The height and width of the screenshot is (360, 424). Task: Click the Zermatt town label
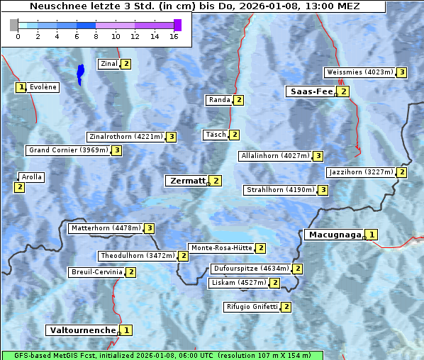click(x=186, y=181)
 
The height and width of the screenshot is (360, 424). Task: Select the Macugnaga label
click(x=333, y=235)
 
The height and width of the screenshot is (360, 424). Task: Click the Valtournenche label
click(x=82, y=330)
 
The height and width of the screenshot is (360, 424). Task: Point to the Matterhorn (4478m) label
click(x=105, y=228)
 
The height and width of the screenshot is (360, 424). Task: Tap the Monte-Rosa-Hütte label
click(x=221, y=248)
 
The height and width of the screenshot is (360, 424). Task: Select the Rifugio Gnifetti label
click(x=252, y=307)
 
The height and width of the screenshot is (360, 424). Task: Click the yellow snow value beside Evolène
click(x=21, y=88)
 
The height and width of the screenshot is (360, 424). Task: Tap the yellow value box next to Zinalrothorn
click(x=171, y=137)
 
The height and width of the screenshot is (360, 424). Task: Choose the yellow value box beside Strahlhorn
click(x=323, y=190)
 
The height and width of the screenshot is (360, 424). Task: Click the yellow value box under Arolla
click(x=19, y=187)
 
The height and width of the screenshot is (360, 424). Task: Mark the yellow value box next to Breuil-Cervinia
click(x=130, y=272)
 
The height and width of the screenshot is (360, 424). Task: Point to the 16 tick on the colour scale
click(x=174, y=35)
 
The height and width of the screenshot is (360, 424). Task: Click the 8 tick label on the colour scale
click(x=96, y=35)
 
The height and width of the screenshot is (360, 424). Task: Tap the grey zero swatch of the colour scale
click(x=14, y=25)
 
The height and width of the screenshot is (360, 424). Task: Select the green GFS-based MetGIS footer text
click(x=162, y=355)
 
